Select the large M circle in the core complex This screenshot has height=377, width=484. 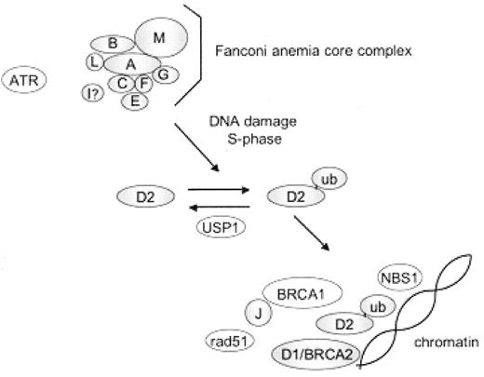(x=160, y=38)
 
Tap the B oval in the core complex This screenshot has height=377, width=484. (x=113, y=44)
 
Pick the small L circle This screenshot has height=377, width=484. (x=94, y=61)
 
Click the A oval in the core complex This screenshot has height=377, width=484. (x=130, y=63)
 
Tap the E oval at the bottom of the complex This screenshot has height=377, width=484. (x=136, y=101)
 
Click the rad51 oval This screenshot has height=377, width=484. (x=224, y=342)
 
